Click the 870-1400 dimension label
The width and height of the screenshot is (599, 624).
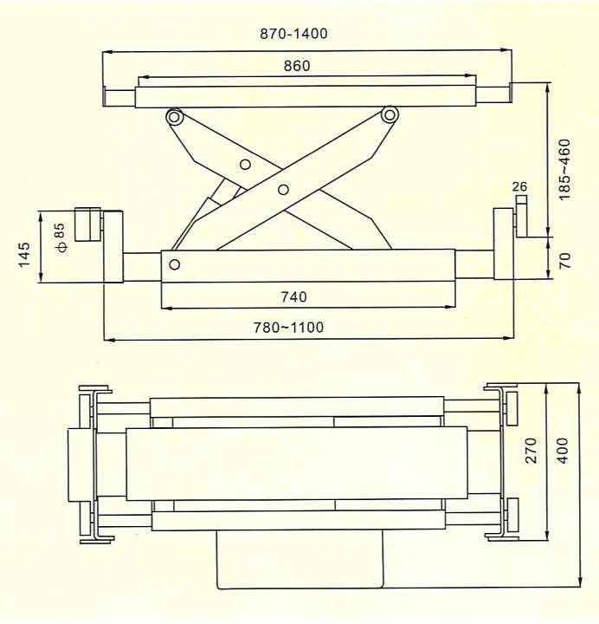[293, 34]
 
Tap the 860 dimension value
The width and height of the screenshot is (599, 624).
[297, 66]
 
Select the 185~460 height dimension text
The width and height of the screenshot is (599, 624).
[564, 170]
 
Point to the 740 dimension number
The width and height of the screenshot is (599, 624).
[293, 297]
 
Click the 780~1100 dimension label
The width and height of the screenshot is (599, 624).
[288, 328]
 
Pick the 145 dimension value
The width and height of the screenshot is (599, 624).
[24, 255]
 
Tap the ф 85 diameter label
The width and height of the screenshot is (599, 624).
[61, 237]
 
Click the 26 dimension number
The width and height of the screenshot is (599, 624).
[519, 186]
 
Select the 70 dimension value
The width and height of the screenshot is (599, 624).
[565, 260]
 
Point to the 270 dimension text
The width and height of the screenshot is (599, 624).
[531, 451]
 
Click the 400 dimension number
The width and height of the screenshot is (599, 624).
[562, 451]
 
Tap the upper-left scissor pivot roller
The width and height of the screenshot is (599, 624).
[174, 117]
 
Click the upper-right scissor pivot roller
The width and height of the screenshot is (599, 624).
[390, 115]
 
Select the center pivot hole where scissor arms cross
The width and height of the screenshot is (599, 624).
[283, 190]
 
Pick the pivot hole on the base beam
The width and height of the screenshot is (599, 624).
[174, 264]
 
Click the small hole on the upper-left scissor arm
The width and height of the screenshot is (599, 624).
[245, 164]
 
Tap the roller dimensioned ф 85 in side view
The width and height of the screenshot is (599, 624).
[87, 224]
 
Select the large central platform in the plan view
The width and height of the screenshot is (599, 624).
[297, 464]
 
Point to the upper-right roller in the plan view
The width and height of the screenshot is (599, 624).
[512, 409]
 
